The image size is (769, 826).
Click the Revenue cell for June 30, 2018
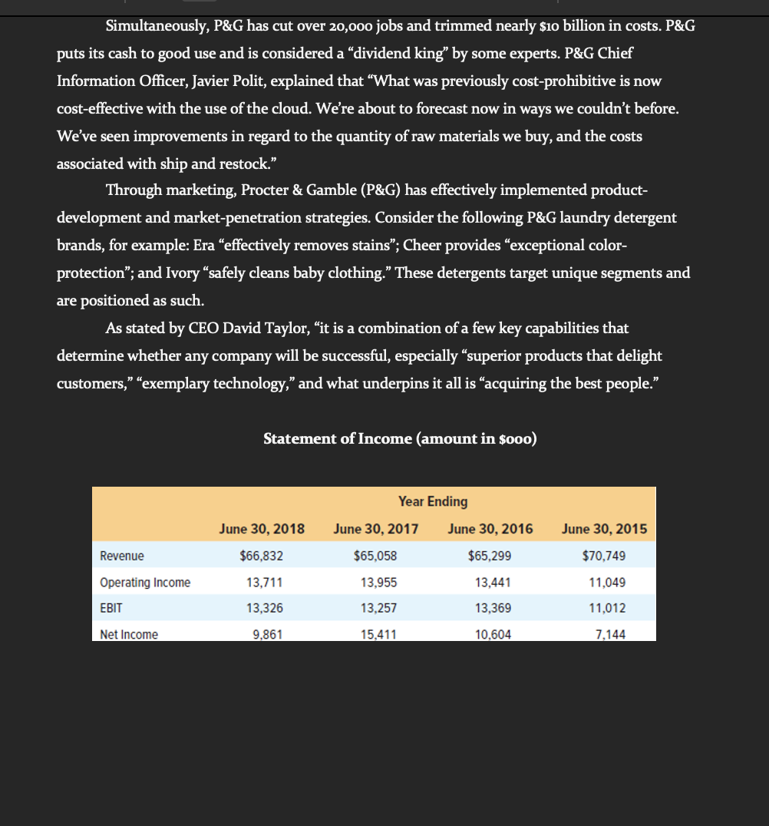262,556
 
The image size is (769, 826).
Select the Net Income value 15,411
376,634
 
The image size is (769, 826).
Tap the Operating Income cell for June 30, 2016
490,583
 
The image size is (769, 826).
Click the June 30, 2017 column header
376,529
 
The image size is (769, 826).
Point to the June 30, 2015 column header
604,529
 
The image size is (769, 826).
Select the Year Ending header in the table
433,501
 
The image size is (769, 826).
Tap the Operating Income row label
145,583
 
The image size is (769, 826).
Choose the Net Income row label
129,634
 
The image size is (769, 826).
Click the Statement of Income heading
400,438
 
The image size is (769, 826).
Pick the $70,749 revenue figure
606,556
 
